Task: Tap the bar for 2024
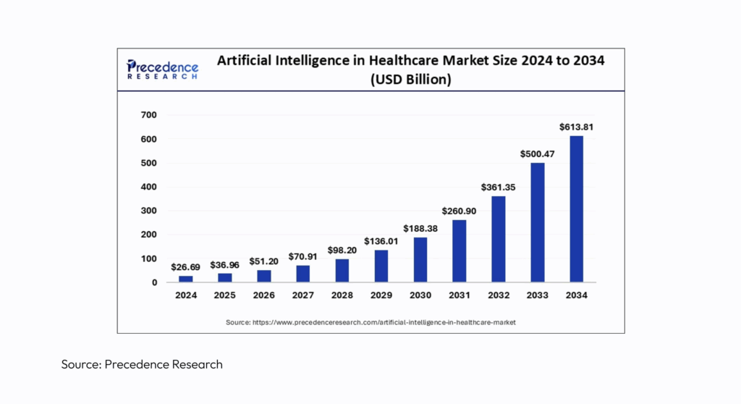pyautogui.click(x=185, y=278)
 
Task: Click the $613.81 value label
pyautogui.click(x=576, y=127)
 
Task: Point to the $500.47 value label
pyautogui.click(x=537, y=153)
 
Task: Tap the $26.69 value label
pyautogui.click(x=185, y=267)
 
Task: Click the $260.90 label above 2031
pyautogui.click(x=459, y=211)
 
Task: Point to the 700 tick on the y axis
pyautogui.click(x=148, y=115)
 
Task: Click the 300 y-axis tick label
pyautogui.click(x=148, y=211)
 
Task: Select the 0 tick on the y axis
pyautogui.click(x=154, y=282)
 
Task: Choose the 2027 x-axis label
pyautogui.click(x=302, y=295)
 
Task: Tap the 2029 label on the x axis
pyautogui.click(x=381, y=295)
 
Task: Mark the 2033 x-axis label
pyautogui.click(x=537, y=295)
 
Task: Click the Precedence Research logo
pyautogui.click(x=162, y=70)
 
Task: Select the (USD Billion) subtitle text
pyautogui.click(x=411, y=80)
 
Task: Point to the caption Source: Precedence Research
pyautogui.click(x=142, y=364)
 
